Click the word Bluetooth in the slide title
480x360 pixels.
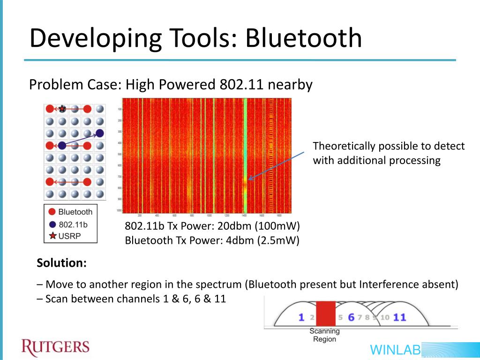click(304, 38)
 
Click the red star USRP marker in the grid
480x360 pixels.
click(62, 109)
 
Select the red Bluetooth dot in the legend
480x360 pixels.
click(52, 212)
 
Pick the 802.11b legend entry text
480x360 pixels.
click(73, 224)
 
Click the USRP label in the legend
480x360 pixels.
click(69, 236)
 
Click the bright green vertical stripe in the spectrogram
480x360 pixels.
click(245, 141)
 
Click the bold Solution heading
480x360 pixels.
click(61, 263)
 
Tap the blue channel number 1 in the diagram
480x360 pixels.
click(301, 317)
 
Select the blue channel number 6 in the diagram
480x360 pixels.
click(351, 317)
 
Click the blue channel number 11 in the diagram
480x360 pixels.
click(399, 317)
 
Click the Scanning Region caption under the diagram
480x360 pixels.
click(324, 335)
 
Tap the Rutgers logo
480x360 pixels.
click(55, 347)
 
